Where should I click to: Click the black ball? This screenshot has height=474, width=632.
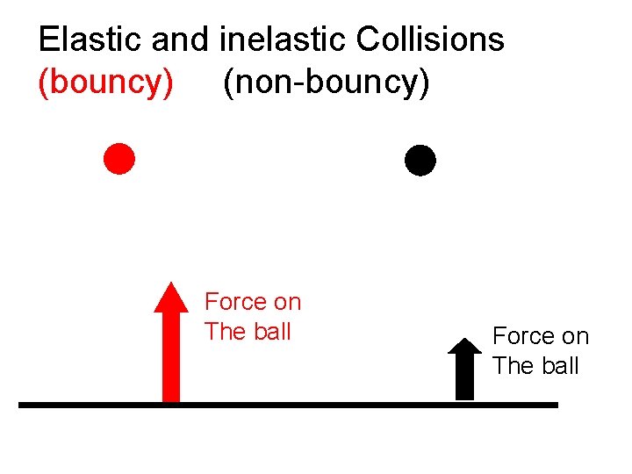point(420,160)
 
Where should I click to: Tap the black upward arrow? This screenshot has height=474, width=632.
point(464,373)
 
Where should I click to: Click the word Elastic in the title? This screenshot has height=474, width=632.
point(90,39)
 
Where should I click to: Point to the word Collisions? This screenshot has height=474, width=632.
point(430,39)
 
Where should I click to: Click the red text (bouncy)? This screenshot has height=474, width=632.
point(106,82)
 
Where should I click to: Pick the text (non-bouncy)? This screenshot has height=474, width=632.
point(327,82)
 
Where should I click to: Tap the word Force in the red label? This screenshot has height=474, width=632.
point(233,302)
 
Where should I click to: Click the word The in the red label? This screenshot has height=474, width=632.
point(224,332)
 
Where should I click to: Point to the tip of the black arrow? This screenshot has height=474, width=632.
point(464,340)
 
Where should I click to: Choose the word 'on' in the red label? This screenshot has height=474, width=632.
point(286,302)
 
